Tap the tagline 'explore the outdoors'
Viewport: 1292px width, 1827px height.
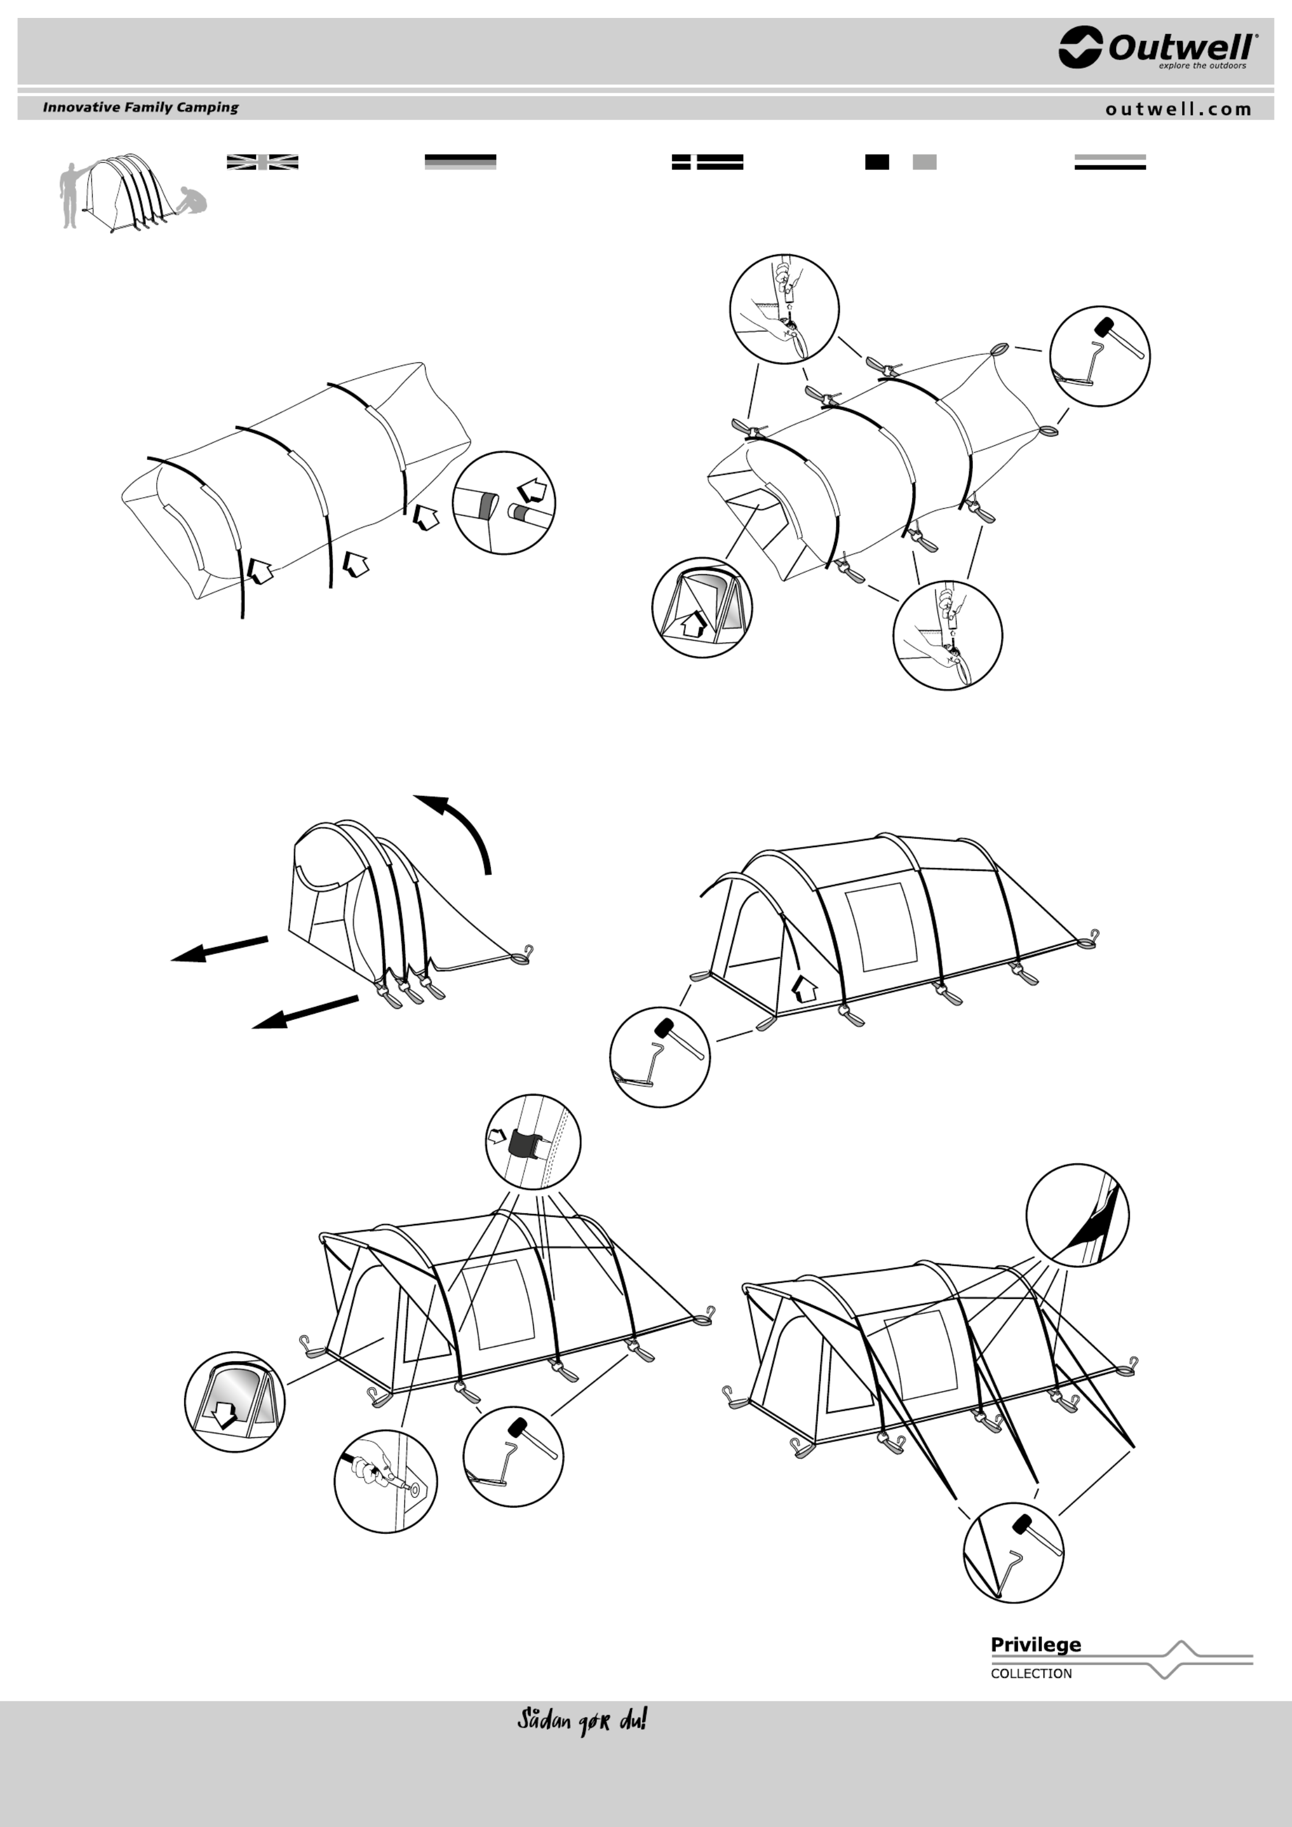click(x=1202, y=66)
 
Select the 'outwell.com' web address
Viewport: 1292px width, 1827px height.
click(x=1178, y=109)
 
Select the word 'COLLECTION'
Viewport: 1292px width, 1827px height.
click(x=1031, y=1673)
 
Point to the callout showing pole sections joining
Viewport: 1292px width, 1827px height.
click(x=504, y=503)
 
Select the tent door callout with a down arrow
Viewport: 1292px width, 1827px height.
click(x=235, y=1402)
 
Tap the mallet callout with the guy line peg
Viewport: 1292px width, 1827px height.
click(x=1013, y=1552)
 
